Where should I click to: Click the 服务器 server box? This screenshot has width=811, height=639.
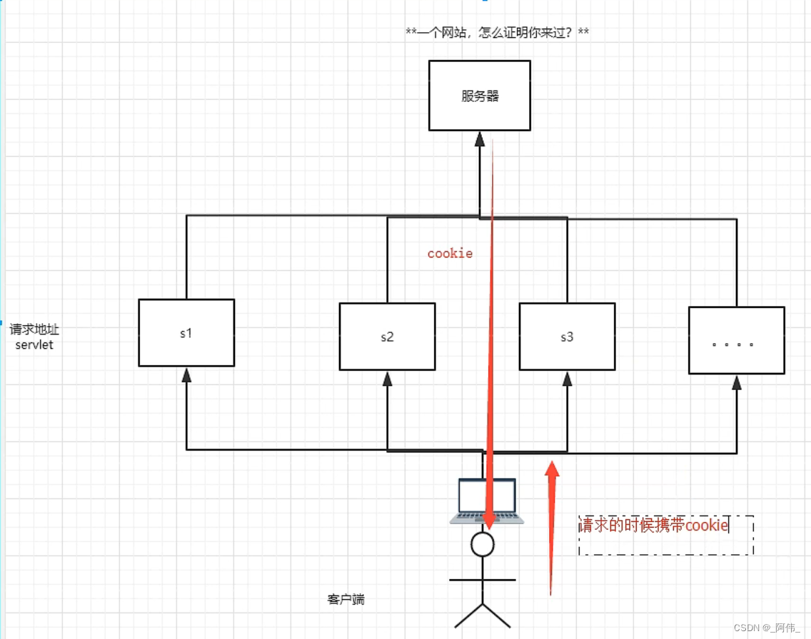479,96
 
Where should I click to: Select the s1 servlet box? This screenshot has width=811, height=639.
186,332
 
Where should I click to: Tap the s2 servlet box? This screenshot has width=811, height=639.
387,337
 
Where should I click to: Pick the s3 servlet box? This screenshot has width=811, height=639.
567,337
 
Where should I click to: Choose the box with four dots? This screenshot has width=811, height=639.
736,340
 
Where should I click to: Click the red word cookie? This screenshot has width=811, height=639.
450,253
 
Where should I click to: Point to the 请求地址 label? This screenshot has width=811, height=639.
34,330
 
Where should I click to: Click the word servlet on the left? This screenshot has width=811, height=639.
34,345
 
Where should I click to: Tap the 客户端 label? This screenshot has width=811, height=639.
346,599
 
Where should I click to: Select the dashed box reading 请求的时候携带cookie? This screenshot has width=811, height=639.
665,535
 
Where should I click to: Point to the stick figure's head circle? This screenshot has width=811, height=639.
483,544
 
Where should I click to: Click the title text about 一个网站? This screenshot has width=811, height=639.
497,33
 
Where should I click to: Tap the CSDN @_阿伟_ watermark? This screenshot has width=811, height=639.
767,628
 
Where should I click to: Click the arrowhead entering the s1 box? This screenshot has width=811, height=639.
186,375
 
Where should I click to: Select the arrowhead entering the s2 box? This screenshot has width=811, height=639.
387,379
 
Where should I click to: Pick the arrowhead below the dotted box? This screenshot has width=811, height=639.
736,382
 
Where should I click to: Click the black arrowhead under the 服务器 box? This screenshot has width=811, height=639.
479,139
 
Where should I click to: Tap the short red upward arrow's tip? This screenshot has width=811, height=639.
551,467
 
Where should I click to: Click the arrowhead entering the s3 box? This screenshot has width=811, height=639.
567,379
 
